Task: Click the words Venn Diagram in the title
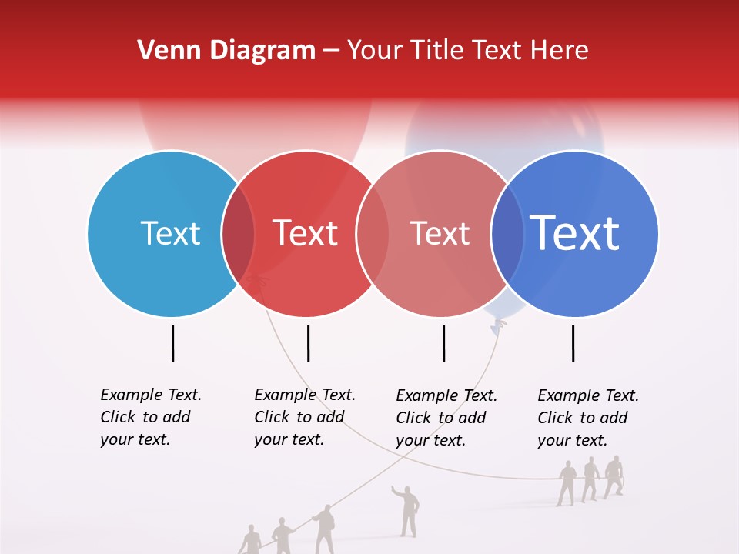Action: pos(226,51)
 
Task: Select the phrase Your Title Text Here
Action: pos(467,51)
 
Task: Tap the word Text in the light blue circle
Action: pos(170,233)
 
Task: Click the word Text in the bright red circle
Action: pos(306,233)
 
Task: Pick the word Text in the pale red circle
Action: pos(440,233)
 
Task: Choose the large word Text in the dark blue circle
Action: pos(575,233)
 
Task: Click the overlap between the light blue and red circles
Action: pos(239,233)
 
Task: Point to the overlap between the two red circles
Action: pos(373,233)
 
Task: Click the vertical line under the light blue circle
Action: pos(173,343)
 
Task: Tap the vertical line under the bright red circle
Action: pos(308,343)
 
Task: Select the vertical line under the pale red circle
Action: pos(443,343)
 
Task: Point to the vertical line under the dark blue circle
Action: pos(573,343)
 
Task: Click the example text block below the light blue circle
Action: pos(150,417)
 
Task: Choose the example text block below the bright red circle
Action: pos(304,417)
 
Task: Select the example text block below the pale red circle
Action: pos(446,418)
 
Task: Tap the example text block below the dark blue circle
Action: pos(587,418)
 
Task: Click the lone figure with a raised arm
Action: pos(407,509)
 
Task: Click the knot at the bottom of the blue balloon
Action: pos(497,326)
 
